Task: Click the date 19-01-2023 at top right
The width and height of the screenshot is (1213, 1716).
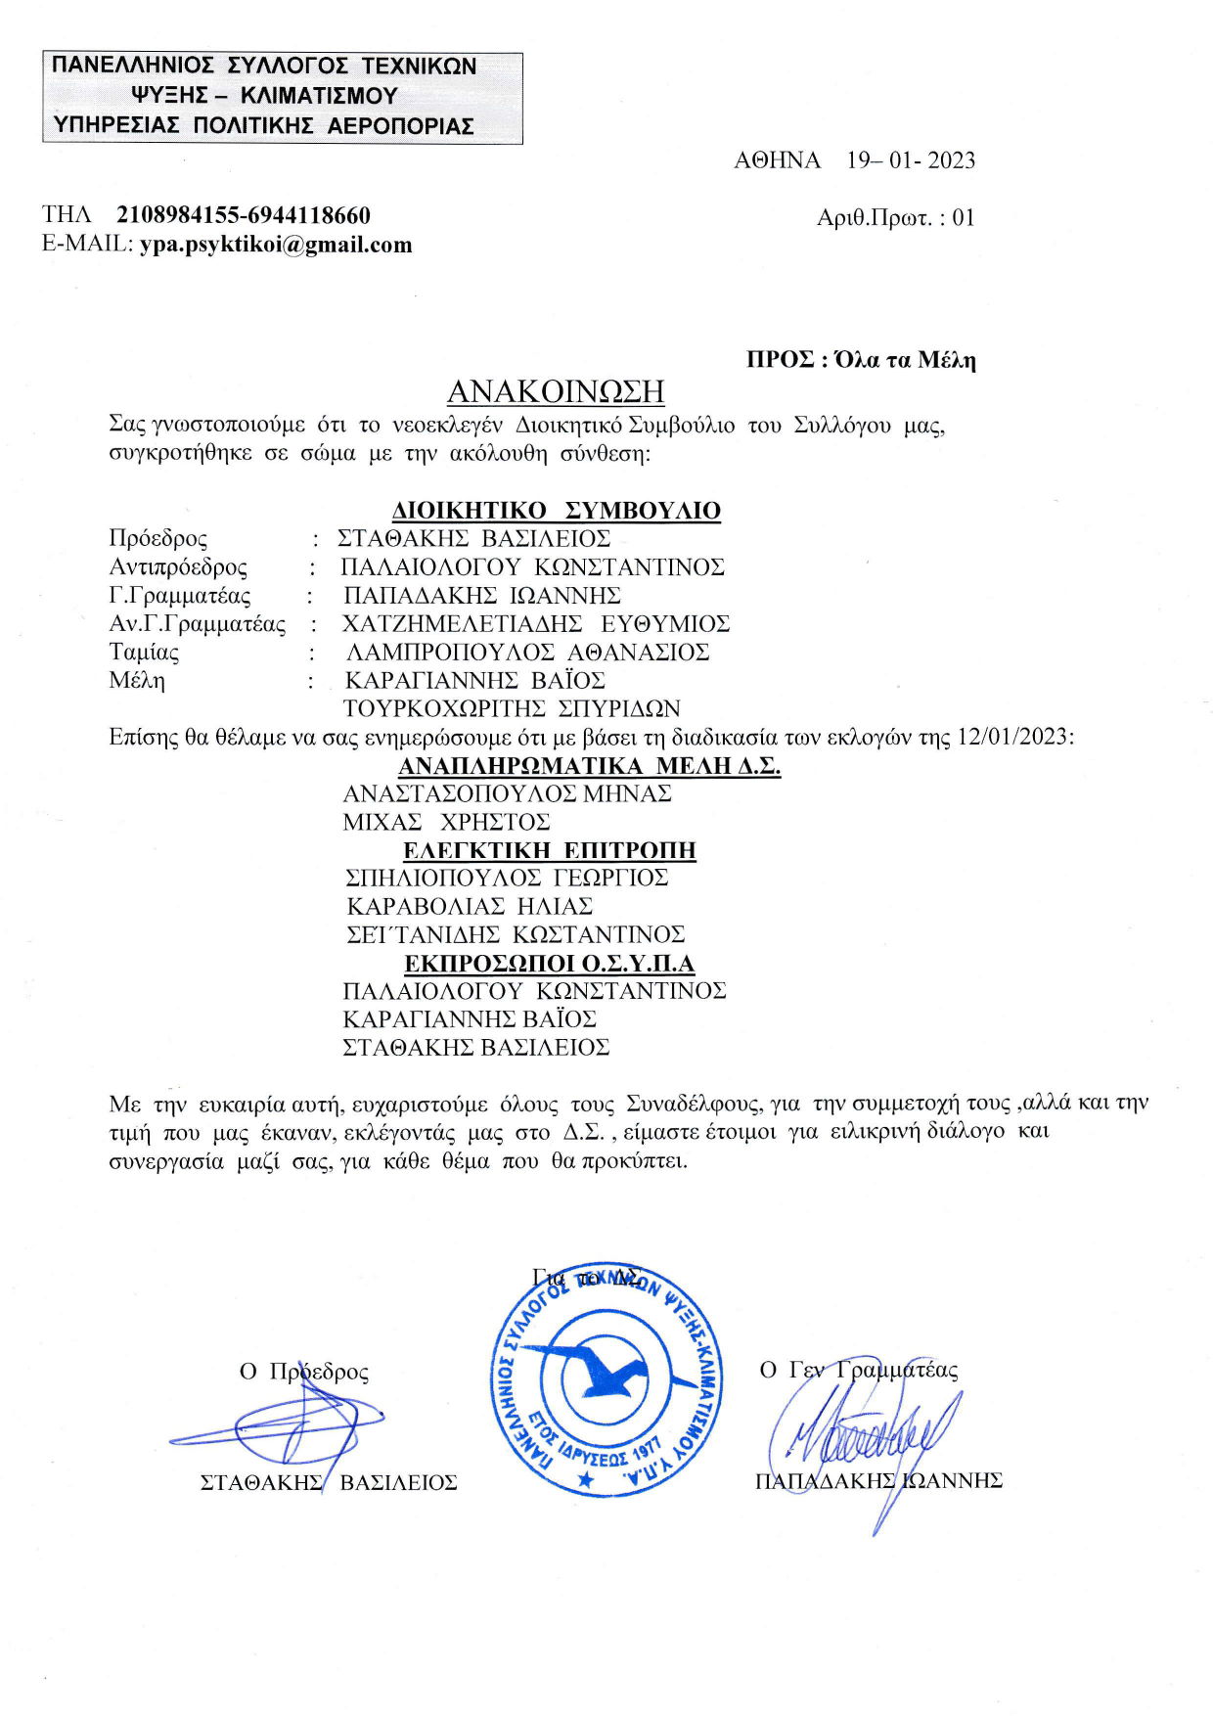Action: pyautogui.click(x=911, y=160)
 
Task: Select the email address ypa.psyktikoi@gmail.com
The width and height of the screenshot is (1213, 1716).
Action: pyautogui.click(x=276, y=245)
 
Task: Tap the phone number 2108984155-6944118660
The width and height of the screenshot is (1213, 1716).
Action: pyautogui.click(x=244, y=215)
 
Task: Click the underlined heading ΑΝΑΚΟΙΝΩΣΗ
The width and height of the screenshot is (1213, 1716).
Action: pyautogui.click(x=556, y=391)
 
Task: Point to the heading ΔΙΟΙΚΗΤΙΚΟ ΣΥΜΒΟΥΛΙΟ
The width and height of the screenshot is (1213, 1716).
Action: pyautogui.click(x=557, y=511)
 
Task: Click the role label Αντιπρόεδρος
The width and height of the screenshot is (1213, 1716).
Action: pyautogui.click(x=178, y=567)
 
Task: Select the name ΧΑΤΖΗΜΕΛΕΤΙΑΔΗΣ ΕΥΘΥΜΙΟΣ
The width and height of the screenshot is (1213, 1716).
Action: pyautogui.click(x=536, y=624)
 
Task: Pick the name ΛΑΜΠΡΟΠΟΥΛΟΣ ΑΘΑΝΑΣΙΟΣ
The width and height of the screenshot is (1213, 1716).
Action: pyautogui.click(x=528, y=653)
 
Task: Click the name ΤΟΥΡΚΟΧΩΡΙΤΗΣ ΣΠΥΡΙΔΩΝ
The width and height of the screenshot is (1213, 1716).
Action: pyautogui.click(x=512, y=708)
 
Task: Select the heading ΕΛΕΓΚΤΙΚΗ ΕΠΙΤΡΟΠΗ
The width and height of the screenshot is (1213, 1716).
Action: pyautogui.click(x=550, y=850)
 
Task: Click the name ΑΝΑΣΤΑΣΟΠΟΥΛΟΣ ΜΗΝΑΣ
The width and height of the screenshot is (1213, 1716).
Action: pyautogui.click(x=507, y=793)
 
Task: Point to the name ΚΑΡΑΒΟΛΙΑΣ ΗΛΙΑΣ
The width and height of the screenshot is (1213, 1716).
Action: pyautogui.click(x=471, y=906)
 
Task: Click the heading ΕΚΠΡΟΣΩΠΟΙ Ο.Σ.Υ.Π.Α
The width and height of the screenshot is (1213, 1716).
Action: pyautogui.click(x=550, y=964)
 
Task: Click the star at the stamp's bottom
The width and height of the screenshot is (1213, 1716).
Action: pyautogui.click(x=586, y=1479)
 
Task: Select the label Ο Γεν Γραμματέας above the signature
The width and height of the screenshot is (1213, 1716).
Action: pyautogui.click(x=859, y=1370)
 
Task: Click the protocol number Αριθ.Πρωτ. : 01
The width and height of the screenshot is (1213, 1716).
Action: pyautogui.click(x=895, y=217)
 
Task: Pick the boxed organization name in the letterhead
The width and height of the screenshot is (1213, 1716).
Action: pyautogui.click(x=283, y=97)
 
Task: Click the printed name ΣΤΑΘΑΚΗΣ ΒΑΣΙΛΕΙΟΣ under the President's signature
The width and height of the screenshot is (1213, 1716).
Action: pyautogui.click(x=329, y=1482)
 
